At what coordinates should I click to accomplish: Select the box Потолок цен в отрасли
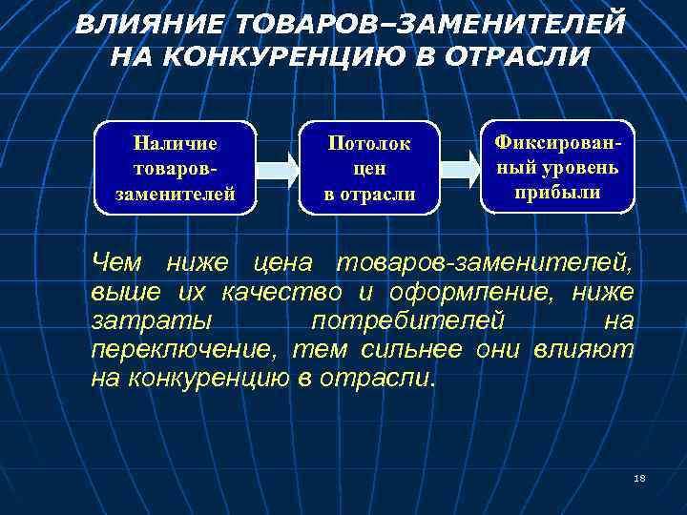click(370, 168)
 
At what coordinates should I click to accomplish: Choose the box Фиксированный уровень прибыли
click(557, 166)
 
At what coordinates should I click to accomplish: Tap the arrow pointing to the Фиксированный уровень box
click(461, 168)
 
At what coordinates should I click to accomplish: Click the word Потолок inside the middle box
click(370, 144)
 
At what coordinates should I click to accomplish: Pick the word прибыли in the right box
click(557, 192)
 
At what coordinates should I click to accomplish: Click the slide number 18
click(639, 477)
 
